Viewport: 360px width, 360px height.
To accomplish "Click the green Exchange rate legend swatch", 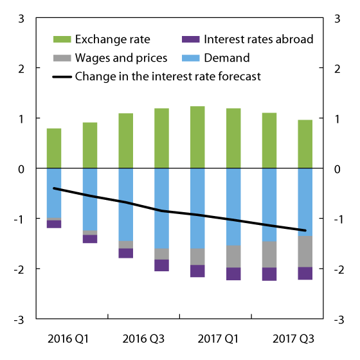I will pyautogui.click(x=63, y=40).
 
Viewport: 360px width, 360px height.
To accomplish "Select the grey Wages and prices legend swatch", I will pyautogui.click(x=63, y=59).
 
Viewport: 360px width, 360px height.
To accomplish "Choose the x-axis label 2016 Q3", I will pyautogui.click(x=143, y=337).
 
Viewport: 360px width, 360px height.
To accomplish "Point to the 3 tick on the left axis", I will pyautogui.click(x=22, y=18).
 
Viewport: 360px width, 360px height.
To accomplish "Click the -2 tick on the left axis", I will pyautogui.click(x=19, y=269).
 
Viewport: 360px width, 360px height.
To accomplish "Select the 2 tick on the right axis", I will pyautogui.click(x=338, y=68).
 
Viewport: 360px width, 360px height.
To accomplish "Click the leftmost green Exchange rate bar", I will pyautogui.click(x=54, y=148).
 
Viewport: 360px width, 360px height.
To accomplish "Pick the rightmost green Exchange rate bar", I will pyautogui.click(x=305, y=144).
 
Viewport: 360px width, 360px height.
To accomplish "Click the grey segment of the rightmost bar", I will pyautogui.click(x=305, y=251).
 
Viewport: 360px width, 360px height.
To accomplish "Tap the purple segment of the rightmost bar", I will pyautogui.click(x=305, y=273).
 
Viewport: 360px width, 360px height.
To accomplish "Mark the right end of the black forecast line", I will pyautogui.click(x=305, y=230).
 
